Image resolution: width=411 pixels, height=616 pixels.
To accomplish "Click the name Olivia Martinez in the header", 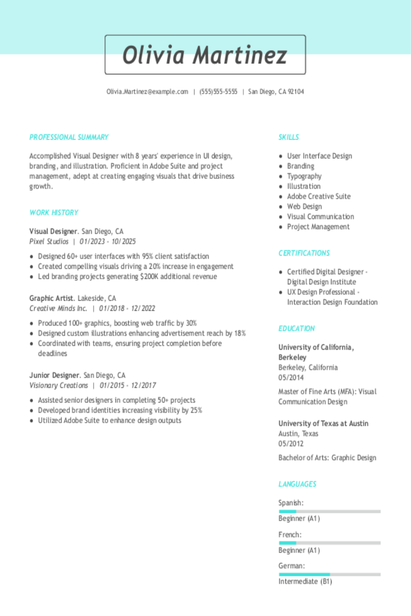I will click(205, 55).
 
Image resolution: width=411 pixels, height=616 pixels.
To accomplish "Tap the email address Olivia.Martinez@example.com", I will click(147, 92).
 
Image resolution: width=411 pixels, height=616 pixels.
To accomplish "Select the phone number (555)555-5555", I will click(218, 92).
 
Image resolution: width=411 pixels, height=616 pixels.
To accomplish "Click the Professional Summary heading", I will click(69, 137).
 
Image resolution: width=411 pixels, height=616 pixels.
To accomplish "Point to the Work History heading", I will click(54, 213).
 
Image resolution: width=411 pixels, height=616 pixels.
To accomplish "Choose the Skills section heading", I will click(288, 137).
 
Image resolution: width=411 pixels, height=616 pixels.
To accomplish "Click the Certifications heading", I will click(304, 253).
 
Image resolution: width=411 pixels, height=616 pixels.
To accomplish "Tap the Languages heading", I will click(297, 484).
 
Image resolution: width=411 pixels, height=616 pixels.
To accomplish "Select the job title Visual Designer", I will click(54, 232).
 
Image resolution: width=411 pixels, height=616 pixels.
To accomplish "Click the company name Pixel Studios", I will click(49, 242).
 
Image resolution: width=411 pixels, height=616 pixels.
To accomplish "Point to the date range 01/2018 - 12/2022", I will click(127, 309).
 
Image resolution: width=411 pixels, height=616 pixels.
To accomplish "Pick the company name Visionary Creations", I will click(58, 386).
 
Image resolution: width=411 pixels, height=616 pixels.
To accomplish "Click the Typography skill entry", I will click(304, 176).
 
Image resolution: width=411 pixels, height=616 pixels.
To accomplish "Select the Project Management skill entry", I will click(318, 227).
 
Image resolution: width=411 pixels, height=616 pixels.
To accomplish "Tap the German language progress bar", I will click(329, 574).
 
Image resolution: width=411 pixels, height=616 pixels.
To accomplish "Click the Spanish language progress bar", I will click(329, 511).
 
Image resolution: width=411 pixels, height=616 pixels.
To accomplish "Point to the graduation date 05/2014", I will click(291, 378).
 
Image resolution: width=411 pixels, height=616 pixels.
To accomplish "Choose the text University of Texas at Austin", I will click(323, 423).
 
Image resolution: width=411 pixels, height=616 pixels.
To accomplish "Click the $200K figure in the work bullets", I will click(149, 277).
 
